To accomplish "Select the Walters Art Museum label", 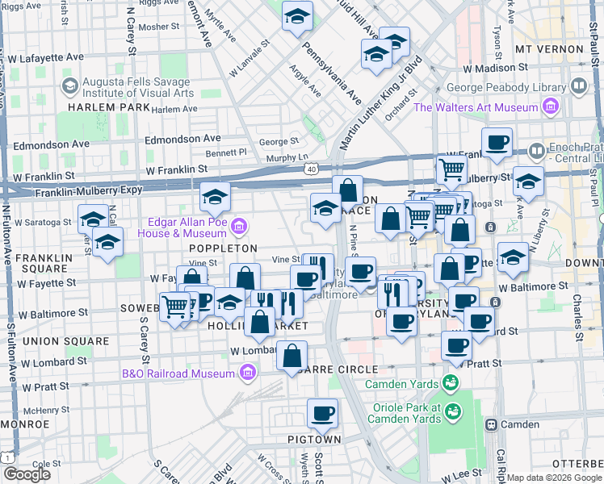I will pos(476,107).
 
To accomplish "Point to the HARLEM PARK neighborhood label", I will pos(110,107).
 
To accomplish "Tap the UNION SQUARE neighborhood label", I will pos(65,341).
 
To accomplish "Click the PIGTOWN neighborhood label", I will pos(315,440).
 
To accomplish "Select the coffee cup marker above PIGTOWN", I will pos(323,415).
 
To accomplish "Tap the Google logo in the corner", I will pos(27,474).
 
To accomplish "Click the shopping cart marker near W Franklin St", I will pos(451,169).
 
